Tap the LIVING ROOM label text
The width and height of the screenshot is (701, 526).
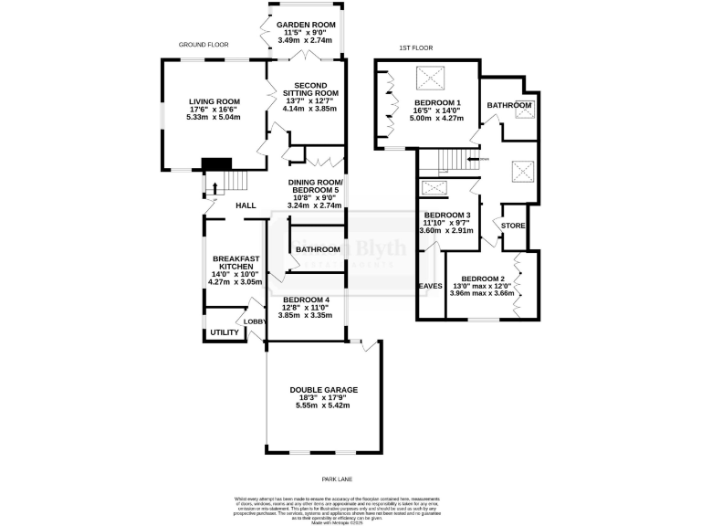pyautogui.click(x=214, y=101)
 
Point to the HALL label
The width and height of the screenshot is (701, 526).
pyautogui.click(x=245, y=206)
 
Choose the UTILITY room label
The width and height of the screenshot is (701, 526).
pyautogui.click(x=225, y=332)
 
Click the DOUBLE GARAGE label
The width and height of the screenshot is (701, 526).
pyautogui.click(x=323, y=390)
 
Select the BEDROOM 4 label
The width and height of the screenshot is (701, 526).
pyautogui.click(x=305, y=300)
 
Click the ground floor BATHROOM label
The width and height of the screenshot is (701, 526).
pyautogui.click(x=317, y=249)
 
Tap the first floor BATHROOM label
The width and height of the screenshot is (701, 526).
pyautogui.click(x=508, y=106)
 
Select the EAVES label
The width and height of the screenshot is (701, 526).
pyautogui.click(x=430, y=286)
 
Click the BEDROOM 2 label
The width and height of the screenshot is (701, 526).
pyautogui.click(x=483, y=279)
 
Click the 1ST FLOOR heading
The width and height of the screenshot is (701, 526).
pyautogui.click(x=415, y=47)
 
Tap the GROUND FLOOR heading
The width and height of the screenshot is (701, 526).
pyautogui.click(x=203, y=44)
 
